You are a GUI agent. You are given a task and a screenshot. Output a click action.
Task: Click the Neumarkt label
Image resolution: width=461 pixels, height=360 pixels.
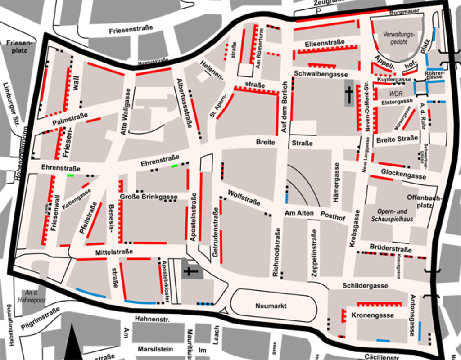(271, 306)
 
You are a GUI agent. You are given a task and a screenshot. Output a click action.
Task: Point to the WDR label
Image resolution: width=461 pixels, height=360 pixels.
(396, 94)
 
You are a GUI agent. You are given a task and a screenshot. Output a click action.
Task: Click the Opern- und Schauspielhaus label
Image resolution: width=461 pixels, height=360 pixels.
(392, 215)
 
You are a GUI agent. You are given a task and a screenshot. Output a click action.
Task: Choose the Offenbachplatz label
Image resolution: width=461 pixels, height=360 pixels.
(425, 201)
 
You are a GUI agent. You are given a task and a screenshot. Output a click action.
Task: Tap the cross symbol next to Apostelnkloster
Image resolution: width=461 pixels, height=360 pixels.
(190, 271)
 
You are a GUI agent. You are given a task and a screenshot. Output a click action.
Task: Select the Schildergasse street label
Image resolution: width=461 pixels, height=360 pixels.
(365, 286)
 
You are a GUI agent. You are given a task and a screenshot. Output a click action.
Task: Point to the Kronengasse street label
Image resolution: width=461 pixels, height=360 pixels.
(372, 315)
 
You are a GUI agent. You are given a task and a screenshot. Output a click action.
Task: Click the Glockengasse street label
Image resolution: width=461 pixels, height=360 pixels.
(403, 174)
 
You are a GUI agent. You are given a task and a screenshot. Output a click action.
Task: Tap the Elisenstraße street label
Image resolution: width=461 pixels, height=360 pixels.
(325, 43)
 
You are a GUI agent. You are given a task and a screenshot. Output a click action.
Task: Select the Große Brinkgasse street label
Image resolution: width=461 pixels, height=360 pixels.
(149, 197)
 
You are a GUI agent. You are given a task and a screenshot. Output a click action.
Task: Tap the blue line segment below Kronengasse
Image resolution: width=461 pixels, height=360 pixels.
(383, 341)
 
